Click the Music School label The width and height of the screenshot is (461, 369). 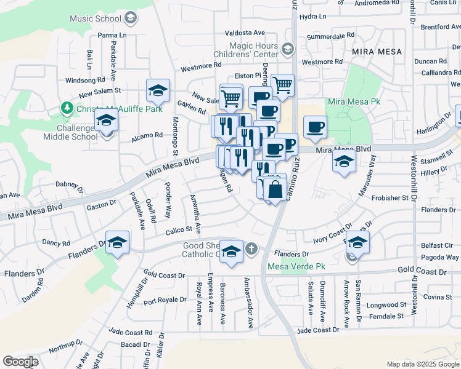pos(96,18)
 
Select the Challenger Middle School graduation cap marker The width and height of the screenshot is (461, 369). pos(107,119)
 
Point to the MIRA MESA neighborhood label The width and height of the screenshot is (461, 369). pos(377,52)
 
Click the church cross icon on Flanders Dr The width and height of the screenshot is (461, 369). pos(250,249)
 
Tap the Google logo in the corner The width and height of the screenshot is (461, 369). pos(20,362)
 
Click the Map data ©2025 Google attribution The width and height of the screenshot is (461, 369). pos(422,364)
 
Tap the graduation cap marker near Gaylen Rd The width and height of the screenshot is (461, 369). pos(158,90)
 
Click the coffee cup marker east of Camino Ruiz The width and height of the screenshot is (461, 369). pos(315,127)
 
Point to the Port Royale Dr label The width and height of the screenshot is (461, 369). pos(165,300)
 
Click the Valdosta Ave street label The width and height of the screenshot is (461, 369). pos(245,32)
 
